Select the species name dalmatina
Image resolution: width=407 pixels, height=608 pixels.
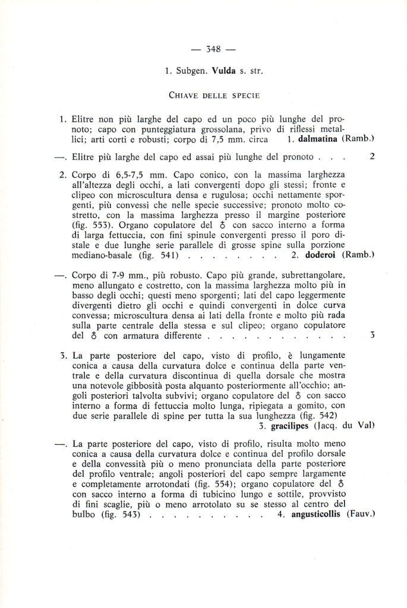[x=317, y=139]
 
